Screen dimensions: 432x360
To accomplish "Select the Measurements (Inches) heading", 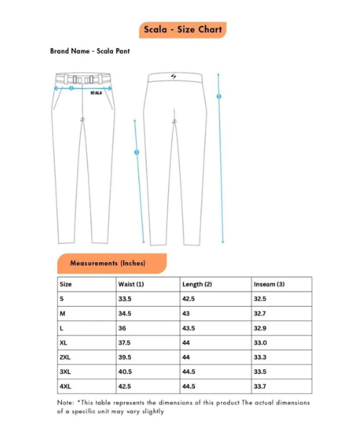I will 107,264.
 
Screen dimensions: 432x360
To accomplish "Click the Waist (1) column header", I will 131,284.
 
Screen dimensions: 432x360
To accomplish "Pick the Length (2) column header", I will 197,284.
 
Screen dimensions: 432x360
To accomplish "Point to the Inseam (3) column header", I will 269,284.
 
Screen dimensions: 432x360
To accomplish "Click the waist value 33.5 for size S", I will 125,298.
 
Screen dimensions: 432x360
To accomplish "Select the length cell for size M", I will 187,313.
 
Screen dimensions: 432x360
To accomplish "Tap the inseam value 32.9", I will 261,328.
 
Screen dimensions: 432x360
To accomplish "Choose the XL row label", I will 63,343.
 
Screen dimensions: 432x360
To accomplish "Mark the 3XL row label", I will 65,372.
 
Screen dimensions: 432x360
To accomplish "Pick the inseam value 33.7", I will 261,387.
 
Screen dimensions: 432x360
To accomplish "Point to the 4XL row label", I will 65,387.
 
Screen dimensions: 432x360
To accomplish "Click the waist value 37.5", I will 125,343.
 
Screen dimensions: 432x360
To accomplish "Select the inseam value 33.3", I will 261,357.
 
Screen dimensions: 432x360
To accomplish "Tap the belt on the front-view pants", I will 85,78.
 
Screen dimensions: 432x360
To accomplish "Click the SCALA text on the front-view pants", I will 96,92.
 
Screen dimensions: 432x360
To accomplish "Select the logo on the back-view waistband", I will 174,77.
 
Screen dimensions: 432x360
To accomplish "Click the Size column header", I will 66,284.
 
